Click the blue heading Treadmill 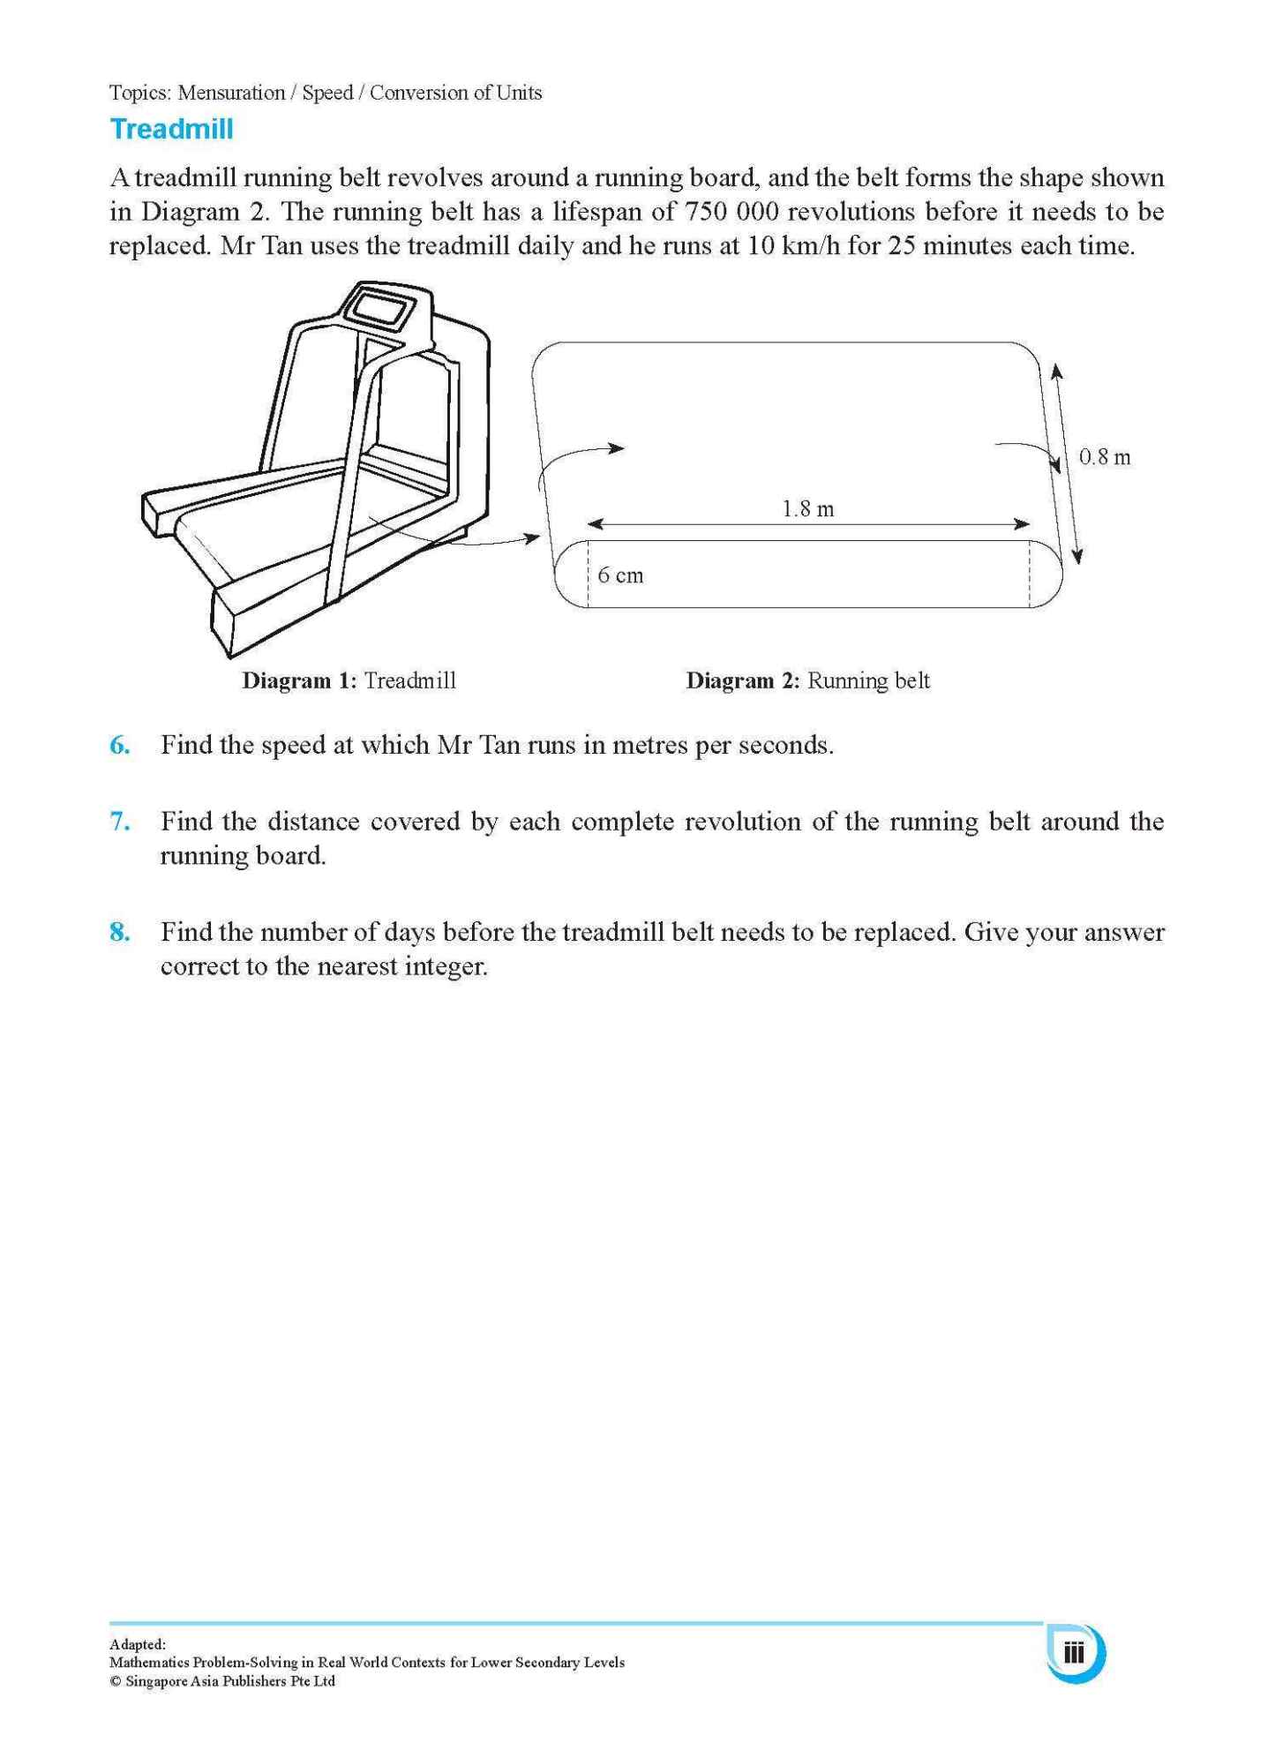click(171, 130)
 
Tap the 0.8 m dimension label click(1104, 457)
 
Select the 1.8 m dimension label click(807, 509)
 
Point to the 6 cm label click(620, 575)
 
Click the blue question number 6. click(120, 745)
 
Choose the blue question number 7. click(120, 822)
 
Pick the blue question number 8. click(120, 932)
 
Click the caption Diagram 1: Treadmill click(349, 680)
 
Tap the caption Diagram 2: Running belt click(807, 680)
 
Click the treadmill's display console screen click(381, 310)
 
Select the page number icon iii click(1074, 1652)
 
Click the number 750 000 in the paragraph click(731, 212)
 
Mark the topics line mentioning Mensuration click(325, 93)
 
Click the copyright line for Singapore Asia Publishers click(221, 1681)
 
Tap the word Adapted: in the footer click(137, 1644)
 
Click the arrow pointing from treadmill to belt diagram click(494, 542)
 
